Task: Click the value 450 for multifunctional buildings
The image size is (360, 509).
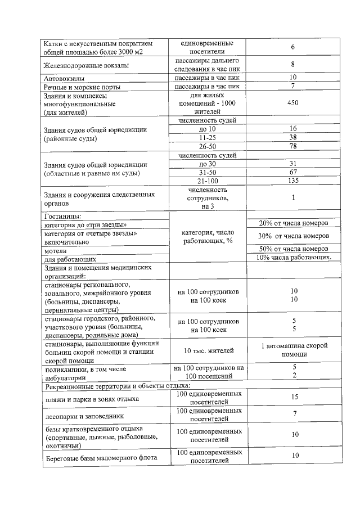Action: tap(292, 103)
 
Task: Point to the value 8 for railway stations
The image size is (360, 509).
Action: tap(292, 64)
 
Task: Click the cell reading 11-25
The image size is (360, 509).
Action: tap(208, 137)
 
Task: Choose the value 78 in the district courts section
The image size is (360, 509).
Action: tap(292, 146)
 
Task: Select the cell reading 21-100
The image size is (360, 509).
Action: tap(208, 181)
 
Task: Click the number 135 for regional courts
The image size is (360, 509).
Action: tap(292, 181)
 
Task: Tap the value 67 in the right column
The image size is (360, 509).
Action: tap(292, 172)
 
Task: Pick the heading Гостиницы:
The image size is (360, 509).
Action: tap(62, 216)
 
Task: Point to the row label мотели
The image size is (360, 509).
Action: tap(55, 251)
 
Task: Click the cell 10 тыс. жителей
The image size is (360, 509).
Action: tap(208, 351)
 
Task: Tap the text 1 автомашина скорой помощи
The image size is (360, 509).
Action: tap(294, 350)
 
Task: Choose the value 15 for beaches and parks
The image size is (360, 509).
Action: tap(292, 397)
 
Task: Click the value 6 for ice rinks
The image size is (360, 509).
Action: tap(292, 47)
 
